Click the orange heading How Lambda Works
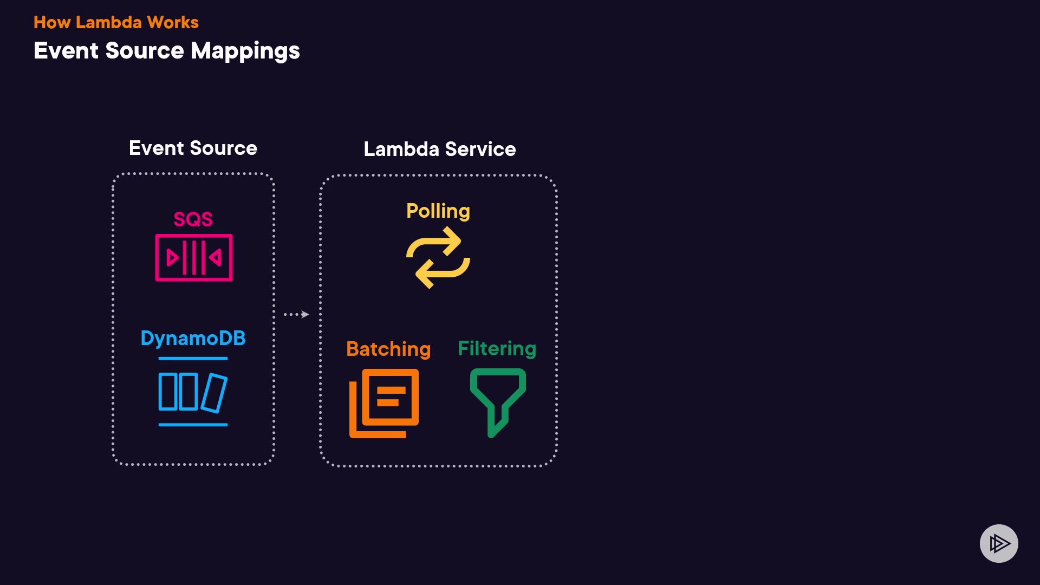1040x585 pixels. click(x=116, y=22)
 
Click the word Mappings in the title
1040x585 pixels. click(x=245, y=51)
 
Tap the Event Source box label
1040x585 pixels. click(x=193, y=148)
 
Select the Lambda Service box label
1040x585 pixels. click(x=439, y=149)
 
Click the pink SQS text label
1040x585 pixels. click(x=193, y=219)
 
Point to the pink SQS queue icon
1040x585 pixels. click(x=194, y=258)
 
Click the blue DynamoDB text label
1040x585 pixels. click(x=193, y=339)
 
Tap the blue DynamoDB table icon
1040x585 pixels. click(x=193, y=392)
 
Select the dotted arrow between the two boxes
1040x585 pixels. click(x=296, y=314)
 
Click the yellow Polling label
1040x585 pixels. click(x=438, y=211)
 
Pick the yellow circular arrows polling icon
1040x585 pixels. click(x=438, y=258)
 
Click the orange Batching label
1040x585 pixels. click(x=388, y=349)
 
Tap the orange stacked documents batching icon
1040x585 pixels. click(x=384, y=403)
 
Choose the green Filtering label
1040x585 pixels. click(x=497, y=349)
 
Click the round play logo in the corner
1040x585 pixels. click(x=999, y=543)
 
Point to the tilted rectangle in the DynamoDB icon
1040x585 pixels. click(x=214, y=393)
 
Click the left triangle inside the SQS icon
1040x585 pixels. click(x=172, y=258)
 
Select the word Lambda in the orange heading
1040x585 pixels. click(x=109, y=22)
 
